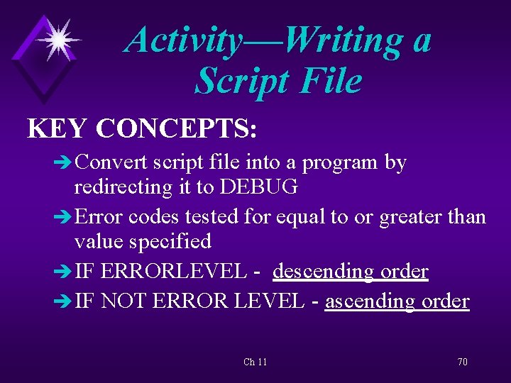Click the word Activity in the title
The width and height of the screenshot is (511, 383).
183,40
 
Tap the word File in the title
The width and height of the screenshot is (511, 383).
329,81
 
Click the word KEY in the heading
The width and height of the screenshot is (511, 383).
57,128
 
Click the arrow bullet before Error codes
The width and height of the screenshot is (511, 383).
62,216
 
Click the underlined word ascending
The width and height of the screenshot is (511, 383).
370,301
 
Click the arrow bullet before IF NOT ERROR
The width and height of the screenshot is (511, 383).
62,302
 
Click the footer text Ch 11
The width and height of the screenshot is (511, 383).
255,362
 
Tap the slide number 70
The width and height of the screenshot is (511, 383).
462,362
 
